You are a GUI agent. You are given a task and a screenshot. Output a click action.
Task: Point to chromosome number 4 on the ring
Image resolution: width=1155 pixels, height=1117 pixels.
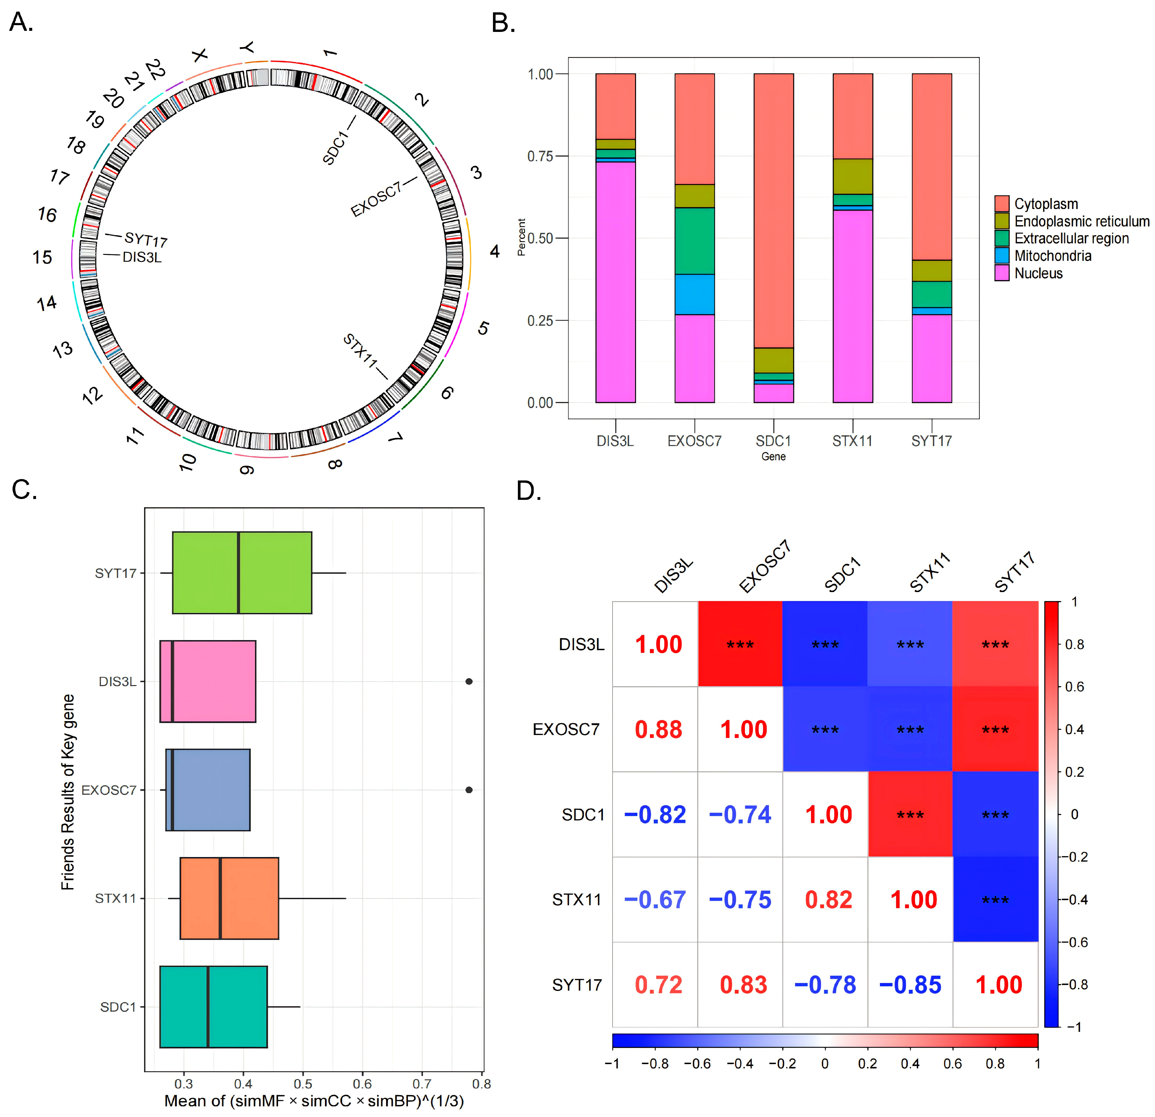point(494,252)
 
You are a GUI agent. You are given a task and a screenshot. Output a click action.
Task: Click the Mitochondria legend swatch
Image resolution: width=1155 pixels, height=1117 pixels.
point(1002,256)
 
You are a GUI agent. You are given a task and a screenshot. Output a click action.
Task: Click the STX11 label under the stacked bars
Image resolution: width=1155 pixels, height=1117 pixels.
point(852,441)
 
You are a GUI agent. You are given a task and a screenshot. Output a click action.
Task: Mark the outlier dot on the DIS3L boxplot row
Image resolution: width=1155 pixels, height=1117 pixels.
point(469,682)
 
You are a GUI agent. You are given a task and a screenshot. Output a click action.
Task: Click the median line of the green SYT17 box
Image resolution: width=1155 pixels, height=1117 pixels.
point(239,573)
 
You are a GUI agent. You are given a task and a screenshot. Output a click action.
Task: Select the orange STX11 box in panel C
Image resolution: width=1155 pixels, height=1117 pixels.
point(229,898)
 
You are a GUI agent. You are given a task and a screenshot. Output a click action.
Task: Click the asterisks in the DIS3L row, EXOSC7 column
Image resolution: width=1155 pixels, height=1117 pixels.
point(740,644)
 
